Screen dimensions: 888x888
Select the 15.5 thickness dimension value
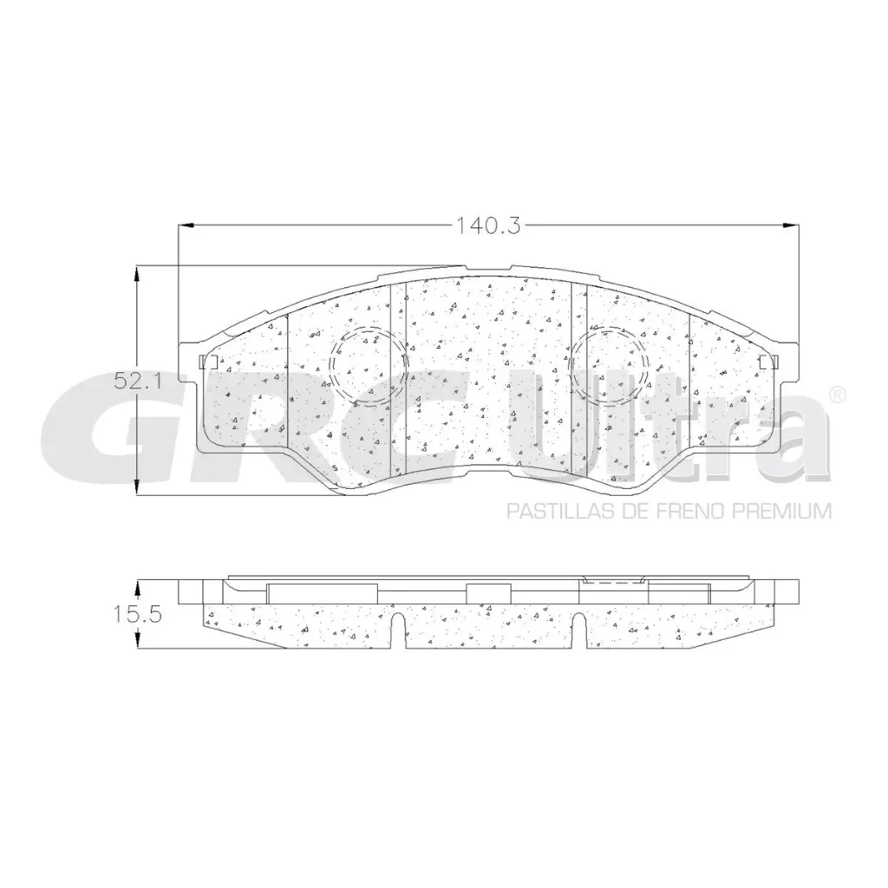pos(131,615)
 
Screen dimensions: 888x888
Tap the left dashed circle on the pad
pos(369,366)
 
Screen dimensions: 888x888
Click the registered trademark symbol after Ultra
pos(837,395)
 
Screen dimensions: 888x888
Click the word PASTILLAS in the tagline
pos(549,511)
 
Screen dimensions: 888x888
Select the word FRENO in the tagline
pos(691,511)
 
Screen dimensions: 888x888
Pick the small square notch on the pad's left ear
pos(206,362)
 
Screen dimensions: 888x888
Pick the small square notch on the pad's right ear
pos(763,362)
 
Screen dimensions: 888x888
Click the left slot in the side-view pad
pos(396,630)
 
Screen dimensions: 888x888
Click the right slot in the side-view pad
pos(578,630)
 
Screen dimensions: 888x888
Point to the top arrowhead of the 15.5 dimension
pos(137,586)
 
